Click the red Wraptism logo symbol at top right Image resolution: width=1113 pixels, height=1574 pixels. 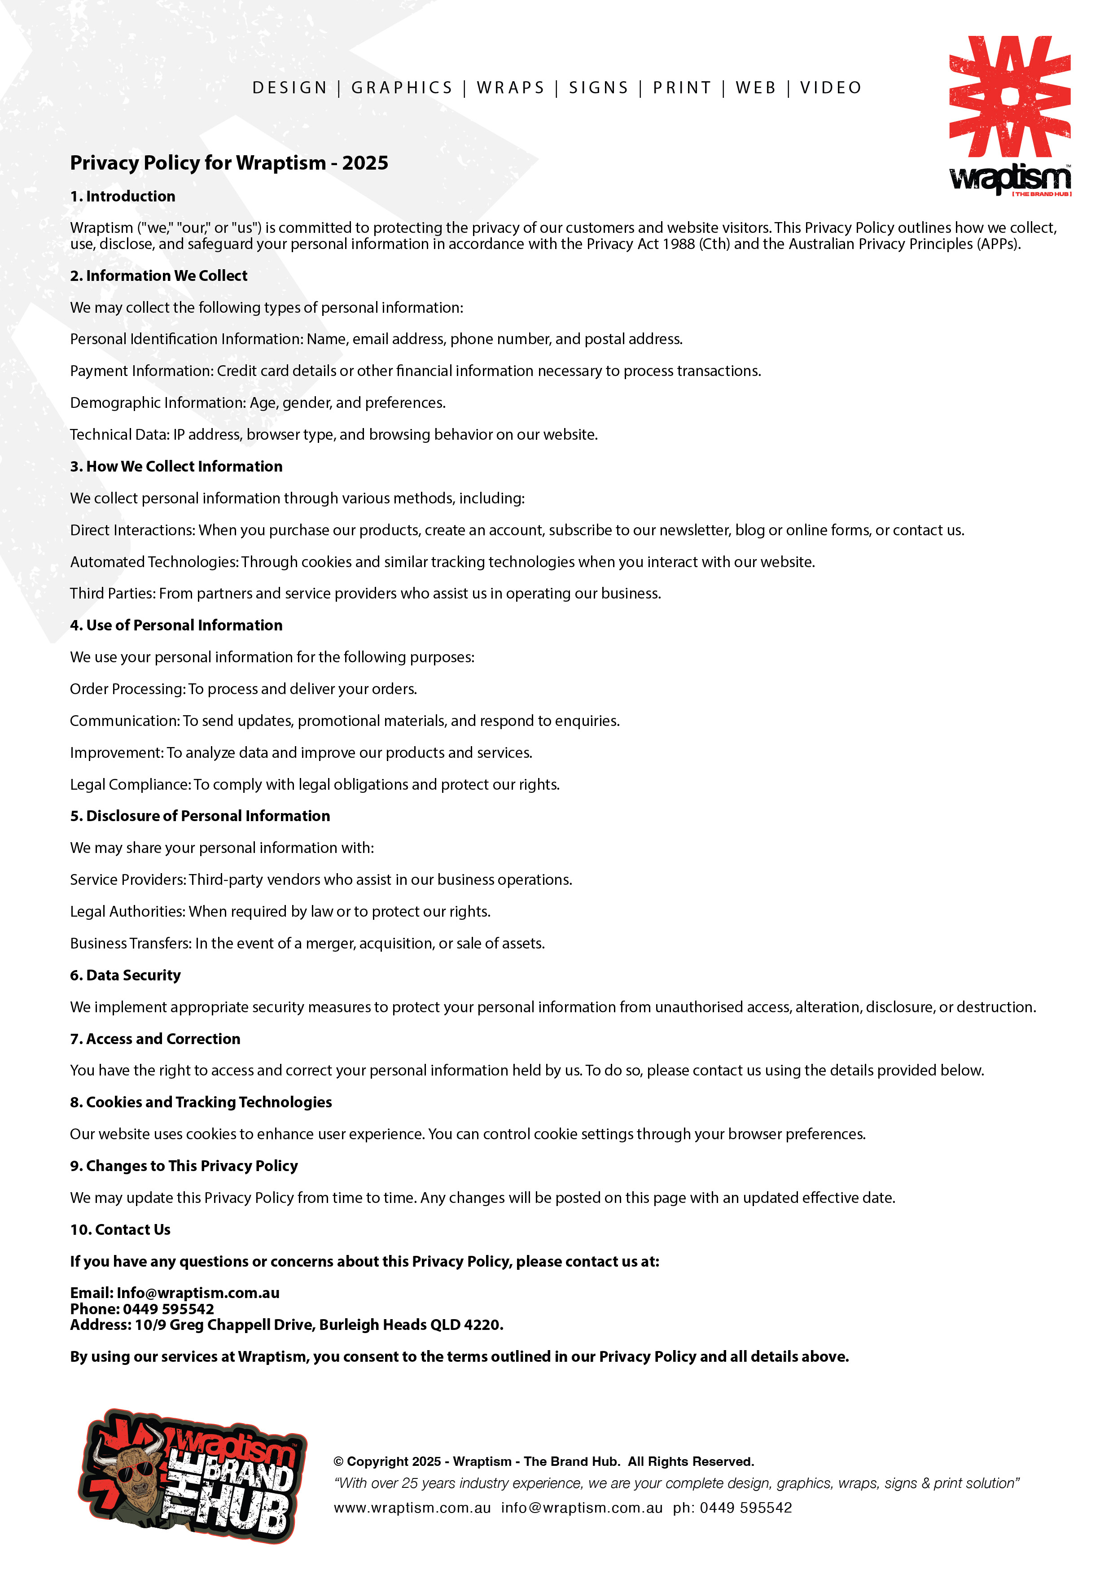(x=1009, y=96)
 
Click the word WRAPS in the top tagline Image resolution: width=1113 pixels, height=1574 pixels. (x=511, y=88)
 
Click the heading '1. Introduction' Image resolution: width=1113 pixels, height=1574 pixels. (x=123, y=196)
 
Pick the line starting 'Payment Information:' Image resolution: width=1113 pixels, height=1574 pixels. (x=415, y=371)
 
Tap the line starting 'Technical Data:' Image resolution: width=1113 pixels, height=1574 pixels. (x=333, y=435)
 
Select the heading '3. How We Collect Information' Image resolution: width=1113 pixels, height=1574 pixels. (x=176, y=466)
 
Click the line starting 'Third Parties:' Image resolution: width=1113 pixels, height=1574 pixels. (x=365, y=593)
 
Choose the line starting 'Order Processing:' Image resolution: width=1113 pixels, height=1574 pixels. (x=243, y=689)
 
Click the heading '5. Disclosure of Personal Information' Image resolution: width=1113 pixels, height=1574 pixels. (x=200, y=816)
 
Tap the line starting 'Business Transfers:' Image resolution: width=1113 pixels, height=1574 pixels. (x=307, y=943)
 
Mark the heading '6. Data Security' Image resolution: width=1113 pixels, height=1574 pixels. (x=126, y=975)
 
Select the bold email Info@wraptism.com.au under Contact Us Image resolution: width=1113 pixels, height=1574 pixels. (x=198, y=1293)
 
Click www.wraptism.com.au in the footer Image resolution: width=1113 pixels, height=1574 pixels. (x=412, y=1508)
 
